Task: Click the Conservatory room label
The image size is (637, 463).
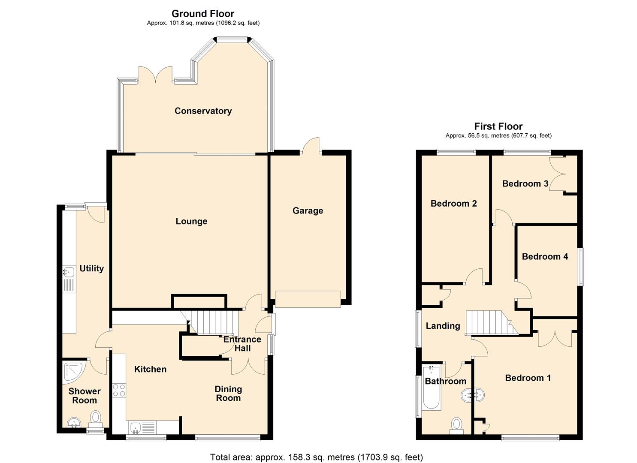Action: pos(203,111)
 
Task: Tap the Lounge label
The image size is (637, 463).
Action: pos(191,221)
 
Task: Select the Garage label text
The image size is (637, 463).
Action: pos(308,210)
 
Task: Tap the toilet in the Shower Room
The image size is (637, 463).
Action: pos(96,417)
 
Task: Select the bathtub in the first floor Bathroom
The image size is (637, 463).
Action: pos(431,388)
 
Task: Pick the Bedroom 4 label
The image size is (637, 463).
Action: pos(545,256)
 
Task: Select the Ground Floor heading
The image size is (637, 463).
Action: pos(203,14)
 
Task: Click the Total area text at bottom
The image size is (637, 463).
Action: pos(317,457)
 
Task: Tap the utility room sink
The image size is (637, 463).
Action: pos(68,272)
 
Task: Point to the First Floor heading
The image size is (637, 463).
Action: pos(498,126)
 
